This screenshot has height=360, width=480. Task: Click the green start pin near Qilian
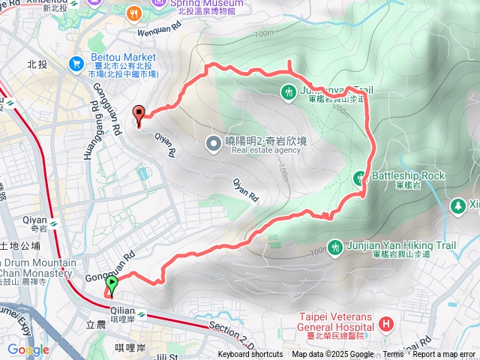tap(112, 284)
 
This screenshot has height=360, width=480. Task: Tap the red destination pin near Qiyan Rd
tap(138, 114)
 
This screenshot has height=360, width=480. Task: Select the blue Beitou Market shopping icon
tap(76, 64)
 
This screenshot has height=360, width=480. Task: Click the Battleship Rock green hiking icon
tap(360, 178)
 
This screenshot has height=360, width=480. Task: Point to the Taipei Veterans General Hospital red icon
tap(385, 323)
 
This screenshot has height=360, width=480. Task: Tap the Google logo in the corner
tap(28, 349)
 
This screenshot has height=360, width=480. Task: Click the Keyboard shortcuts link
tap(250, 355)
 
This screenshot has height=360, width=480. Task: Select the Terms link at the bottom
tap(393, 355)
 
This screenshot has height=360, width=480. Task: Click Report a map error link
tap(445, 355)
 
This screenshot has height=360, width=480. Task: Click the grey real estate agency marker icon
tap(214, 142)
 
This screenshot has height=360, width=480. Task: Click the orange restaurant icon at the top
tap(133, 13)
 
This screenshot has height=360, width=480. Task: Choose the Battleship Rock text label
tap(408, 175)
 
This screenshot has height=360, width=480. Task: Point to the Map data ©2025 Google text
tap(333, 355)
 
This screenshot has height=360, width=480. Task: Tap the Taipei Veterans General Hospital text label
tap(334, 322)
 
